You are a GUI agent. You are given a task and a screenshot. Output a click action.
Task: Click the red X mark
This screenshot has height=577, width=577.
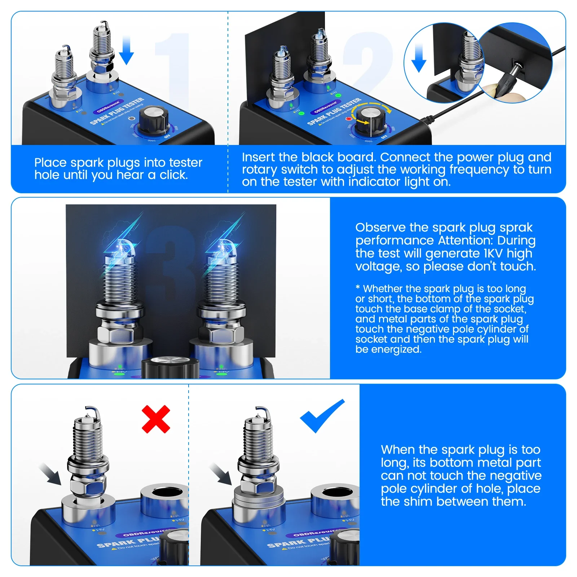pyautogui.click(x=156, y=419)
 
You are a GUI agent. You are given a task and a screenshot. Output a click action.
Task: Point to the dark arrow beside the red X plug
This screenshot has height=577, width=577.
pyautogui.click(x=50, y=474)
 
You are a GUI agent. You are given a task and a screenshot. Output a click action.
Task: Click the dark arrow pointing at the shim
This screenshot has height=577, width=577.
pyautogui.click(x=220, y=474)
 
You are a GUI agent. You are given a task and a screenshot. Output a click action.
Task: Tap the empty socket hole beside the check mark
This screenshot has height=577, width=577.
pyautogui.click(x=335, y=495)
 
